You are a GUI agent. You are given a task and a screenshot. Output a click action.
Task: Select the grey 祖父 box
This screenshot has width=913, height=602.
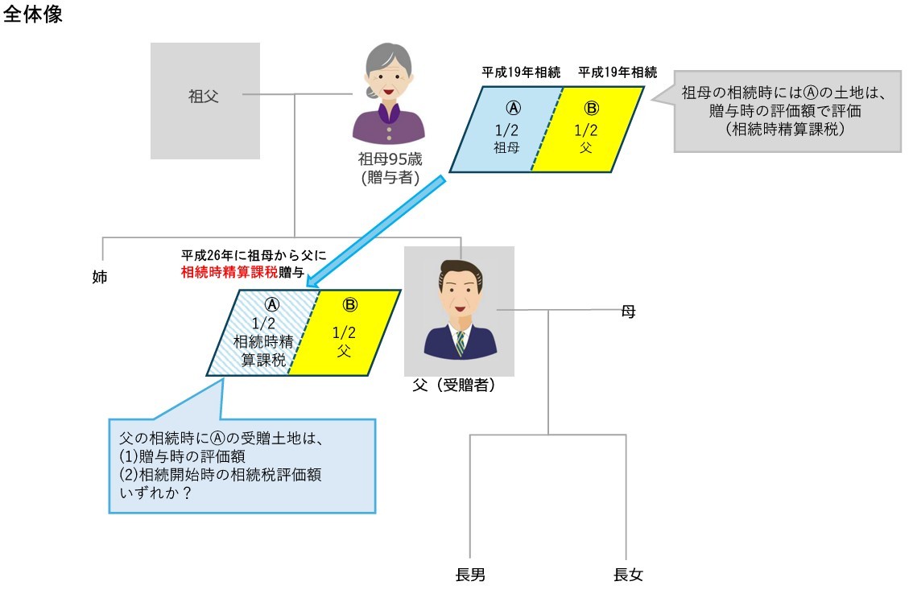tap(205, 100)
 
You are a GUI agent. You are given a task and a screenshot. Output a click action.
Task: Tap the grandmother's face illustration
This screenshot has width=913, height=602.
tap(389, 77)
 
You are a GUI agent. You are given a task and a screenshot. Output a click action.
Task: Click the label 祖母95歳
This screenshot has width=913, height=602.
tap(390, 159)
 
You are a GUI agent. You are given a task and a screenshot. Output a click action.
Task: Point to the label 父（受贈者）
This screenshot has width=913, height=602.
tap(454, 386)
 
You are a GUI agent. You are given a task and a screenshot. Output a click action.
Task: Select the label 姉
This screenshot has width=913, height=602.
tap(100, 278)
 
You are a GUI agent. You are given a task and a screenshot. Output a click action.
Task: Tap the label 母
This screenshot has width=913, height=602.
tap(628, 311)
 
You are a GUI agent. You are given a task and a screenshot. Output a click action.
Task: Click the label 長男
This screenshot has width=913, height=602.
tap(470, 575)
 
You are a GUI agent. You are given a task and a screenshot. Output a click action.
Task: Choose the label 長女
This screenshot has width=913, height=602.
tap(628, 575)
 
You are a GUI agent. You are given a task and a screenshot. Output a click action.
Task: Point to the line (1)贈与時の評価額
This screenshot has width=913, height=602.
tap(183, 456)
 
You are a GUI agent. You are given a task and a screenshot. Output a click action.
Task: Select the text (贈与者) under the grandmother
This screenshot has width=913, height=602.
tap(390, 178)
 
